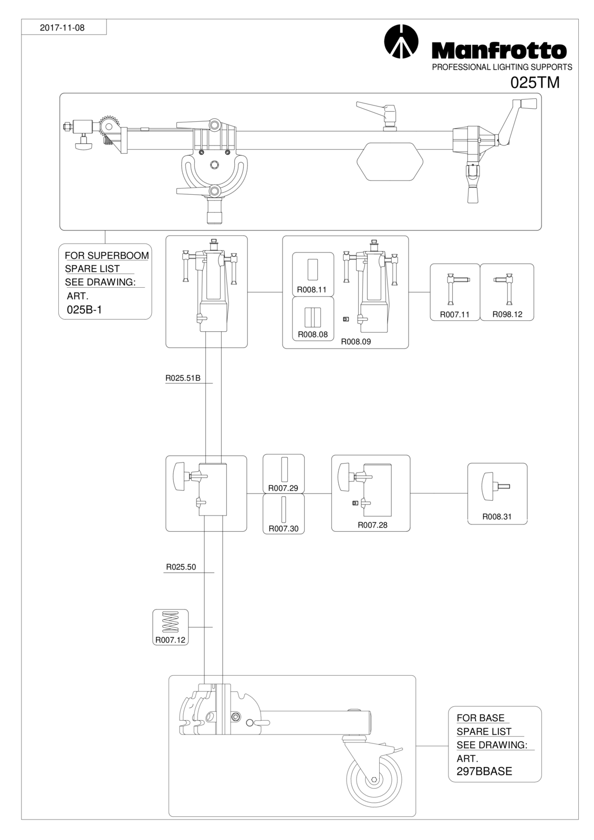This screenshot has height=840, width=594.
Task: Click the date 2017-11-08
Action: tap(62, 28)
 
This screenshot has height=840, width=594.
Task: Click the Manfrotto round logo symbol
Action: tap(401, 41)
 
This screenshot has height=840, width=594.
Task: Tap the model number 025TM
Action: tap(535, 83)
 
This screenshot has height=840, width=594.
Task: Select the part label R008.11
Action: tap(311, 289)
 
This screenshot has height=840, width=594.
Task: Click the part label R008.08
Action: tap(312, 334)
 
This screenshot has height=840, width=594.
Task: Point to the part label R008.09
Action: tap(356, 342)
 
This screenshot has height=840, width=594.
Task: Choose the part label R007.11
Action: tap(454, 314)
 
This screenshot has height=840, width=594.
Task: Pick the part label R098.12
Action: tap(507, 314)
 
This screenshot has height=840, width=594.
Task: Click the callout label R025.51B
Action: tap(183, 378)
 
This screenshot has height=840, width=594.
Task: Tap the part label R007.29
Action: tap(283, 488)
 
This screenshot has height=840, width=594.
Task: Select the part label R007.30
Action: tap(283, 529)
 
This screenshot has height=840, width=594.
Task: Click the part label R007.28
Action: tap(372, 525)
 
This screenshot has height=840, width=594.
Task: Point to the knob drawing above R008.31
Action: tap(495, 487)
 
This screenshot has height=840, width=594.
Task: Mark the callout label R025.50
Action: tap(181, 567)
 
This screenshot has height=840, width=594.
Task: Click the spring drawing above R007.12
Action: tap(170, 623)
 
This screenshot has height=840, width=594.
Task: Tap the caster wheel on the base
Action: tap(374, 780)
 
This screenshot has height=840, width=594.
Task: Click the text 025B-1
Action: tap(85, 310)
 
